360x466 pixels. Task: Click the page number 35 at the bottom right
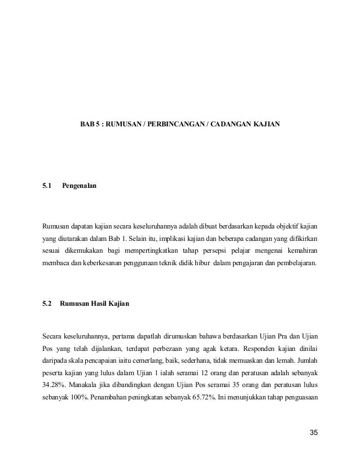tap(313, 433)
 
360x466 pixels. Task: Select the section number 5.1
tap(47, 184)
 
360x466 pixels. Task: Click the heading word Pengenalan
tap(79, 184)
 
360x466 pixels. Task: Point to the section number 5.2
tap(47, 304)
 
